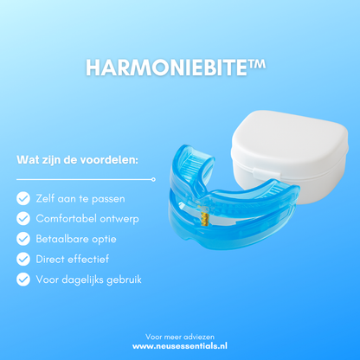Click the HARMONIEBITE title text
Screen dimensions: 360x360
point(168,68)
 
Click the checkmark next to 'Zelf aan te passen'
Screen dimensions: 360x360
point(22,198)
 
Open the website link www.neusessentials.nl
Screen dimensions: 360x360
point(180,344)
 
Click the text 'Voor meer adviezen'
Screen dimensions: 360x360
point(180,333)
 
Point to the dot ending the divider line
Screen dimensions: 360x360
point(154,179)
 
